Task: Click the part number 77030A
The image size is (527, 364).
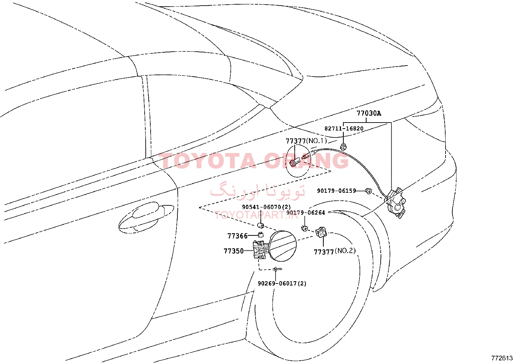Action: point(369,113)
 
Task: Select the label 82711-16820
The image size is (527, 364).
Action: point(344,129)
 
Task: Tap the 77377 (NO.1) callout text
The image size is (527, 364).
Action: point(306,141)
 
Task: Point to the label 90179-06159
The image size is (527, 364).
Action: point(336,191)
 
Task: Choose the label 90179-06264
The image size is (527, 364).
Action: point(306,213)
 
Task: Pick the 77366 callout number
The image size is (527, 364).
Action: point(237,236)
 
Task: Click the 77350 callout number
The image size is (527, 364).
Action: point(234,251)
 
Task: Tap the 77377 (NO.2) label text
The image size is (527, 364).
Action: point(335,251)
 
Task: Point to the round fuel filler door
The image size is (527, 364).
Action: point(283,246)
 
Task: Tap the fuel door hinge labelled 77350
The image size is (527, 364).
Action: point(260,250)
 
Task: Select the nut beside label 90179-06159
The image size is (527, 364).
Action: point(368,191)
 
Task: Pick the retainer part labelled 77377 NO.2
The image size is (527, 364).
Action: point(321,233)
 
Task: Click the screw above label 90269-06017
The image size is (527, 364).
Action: point(277,269)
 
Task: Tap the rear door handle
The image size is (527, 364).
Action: point(146,217)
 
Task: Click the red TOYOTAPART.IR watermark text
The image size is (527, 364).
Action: point(257,215)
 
